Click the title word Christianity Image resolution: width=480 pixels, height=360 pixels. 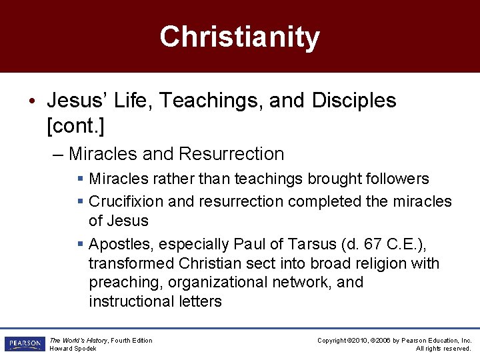(239, 37)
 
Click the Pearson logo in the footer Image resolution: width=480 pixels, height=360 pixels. (24, 344)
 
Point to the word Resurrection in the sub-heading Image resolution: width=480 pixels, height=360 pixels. (231, 154)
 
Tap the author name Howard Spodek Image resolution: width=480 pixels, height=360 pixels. (73, 349)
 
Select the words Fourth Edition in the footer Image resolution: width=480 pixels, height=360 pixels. (132, 341)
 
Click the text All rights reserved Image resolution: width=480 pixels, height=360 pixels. (443, 349)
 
